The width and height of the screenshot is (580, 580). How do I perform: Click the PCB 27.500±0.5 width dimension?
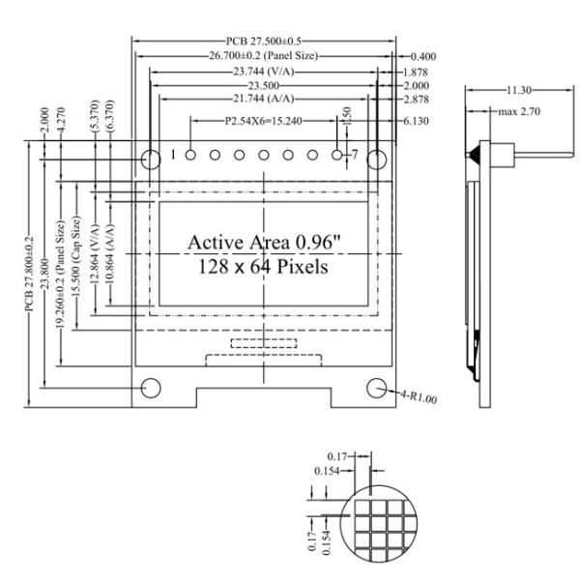tap(263, 41)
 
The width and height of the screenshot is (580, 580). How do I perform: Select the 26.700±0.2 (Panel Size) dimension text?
tap(263, 56)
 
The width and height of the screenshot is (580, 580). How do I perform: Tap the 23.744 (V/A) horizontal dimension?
tap(263, 72)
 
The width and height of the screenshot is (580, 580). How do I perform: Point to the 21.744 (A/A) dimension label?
tap(263, 100)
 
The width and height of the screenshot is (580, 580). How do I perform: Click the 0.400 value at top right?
tap(422, 57)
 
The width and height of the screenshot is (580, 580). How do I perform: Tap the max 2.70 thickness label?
tap(518, 112)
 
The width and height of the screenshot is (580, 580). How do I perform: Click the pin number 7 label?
tap(355, 155)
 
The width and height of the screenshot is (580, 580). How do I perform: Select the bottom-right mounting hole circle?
tap(377, 388)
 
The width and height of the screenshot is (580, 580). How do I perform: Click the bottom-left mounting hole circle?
tap(151, 388)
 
